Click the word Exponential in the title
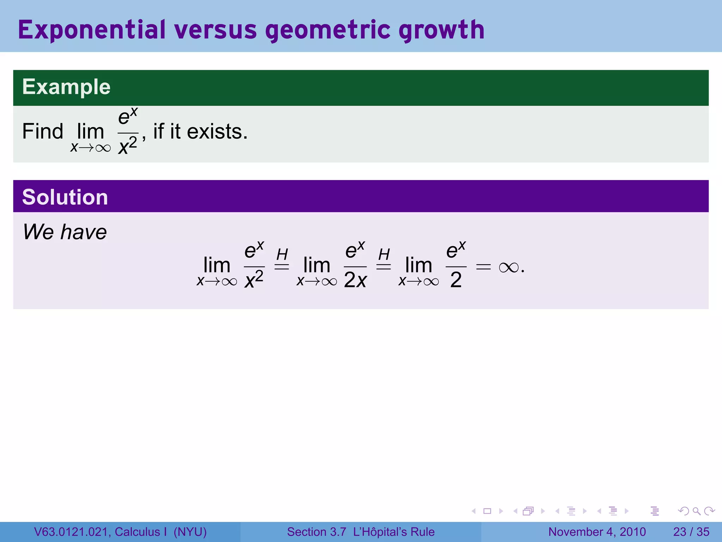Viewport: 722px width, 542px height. coord(92,30)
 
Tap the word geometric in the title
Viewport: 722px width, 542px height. coord(328,30)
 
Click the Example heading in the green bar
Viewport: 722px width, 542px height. coord(66,87)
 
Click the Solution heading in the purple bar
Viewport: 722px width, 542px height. coord(65,197)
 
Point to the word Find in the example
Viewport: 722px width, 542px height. coord(42,131)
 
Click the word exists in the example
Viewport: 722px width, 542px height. coord(216,131)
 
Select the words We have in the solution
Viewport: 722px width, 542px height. coord(65,232)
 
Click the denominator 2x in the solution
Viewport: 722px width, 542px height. coord(355,280)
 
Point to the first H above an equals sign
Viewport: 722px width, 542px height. coord(282,254)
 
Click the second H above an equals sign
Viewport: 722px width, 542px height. coord(384,254)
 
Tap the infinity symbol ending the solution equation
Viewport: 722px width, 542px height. coord(509,268)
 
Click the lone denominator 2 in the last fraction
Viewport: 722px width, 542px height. coord(456,280)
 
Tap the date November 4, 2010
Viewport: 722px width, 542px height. coord(597,532)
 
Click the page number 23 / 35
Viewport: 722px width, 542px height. coord(691,532)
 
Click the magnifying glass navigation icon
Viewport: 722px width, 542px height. coord(696,511)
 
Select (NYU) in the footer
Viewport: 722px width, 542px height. coord(190,532)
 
